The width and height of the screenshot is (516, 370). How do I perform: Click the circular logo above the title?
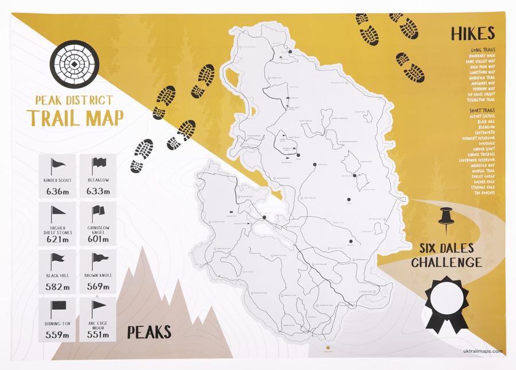pos(73,64)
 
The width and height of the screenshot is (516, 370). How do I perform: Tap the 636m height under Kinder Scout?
pos(56,192)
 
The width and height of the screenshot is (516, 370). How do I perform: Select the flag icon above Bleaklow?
pos(97,165)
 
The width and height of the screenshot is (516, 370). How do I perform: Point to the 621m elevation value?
pos(57,239)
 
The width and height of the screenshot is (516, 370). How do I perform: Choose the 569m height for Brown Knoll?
pos(97,287)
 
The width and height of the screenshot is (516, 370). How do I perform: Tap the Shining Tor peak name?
pos(57,324)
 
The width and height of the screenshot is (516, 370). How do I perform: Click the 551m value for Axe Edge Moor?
pos(97,335)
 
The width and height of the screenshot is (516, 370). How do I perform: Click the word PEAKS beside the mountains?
pos(149,331)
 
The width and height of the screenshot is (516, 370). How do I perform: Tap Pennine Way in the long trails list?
pos(484,89)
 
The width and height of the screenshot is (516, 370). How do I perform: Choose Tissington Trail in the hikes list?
pos(481,100)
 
